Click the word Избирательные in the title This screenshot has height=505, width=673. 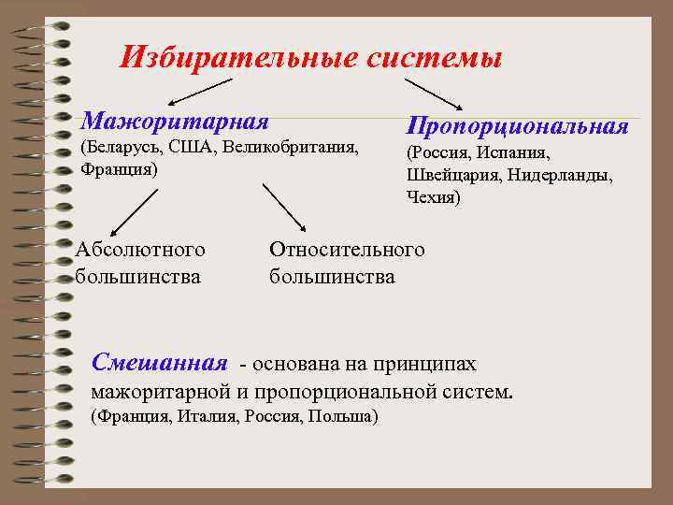pyautogui.click(x=238, y=59)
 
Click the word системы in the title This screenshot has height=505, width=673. pyautogui.click(x=434, y=59)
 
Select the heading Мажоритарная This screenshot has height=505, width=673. pyautogui.click(x=175, y=121)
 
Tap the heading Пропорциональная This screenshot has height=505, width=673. pyautogui.click(x=517, y=125)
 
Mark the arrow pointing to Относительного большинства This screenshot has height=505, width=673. pyautogui.click(x=284, y=207)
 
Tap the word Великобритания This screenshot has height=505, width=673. pyautogui.click(x=290, y=148)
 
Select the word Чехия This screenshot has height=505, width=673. pyautogui.click(x=434, y=197)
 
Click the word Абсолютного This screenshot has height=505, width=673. pyautogui.click(x=141, y=250)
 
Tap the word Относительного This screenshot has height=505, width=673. pyautogui.click(x=346, y=250)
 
